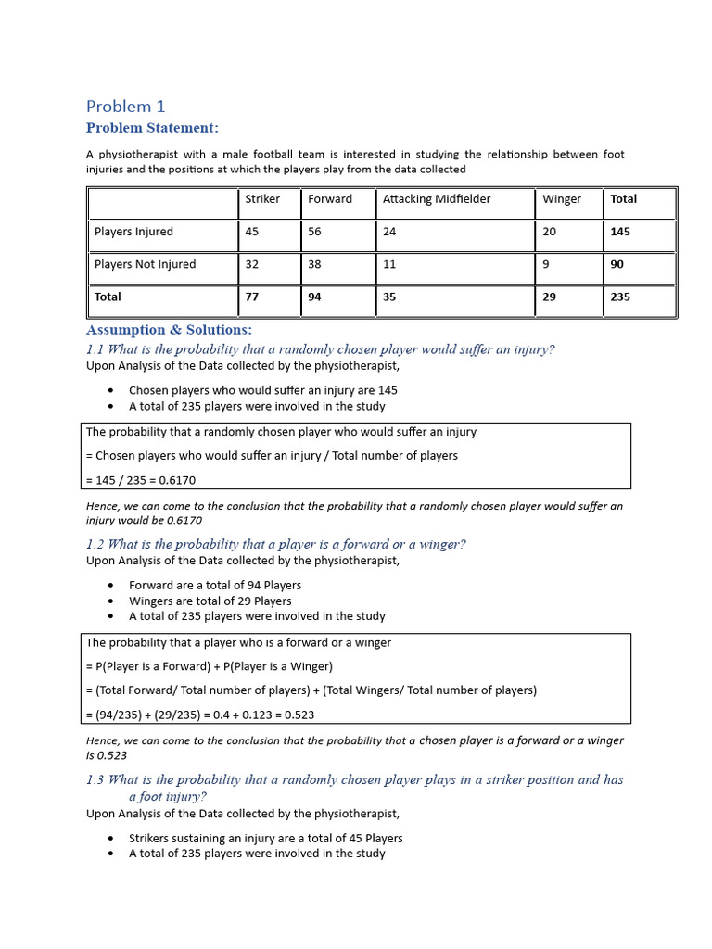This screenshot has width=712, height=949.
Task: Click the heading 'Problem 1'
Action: tap(125, 107)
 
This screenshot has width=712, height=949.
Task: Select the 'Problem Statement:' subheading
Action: tap(152, 128)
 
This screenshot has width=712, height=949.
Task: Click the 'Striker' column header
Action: tap(262, 199)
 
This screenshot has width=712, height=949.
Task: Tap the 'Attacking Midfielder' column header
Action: tap(437, 199)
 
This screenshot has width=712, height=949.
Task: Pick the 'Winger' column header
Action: tap(562, 199)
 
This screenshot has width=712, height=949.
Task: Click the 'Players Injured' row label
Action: tap(133, 232)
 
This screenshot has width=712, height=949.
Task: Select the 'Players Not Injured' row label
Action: tap(145, 264)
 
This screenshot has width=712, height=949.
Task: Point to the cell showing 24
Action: tap(389, 232)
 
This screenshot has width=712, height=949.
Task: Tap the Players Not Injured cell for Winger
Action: tap(547, 264)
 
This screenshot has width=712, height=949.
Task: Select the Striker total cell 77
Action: tap(252, 297)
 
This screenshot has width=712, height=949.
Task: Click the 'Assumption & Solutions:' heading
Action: tap(169, 330)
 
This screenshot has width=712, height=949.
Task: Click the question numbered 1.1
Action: tap(321, 349)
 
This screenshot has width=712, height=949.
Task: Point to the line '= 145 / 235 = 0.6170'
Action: tap(141, 480)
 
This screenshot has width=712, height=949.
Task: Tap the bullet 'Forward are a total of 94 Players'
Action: tap(214, 585)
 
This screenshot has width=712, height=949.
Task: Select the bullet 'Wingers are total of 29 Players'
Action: tap(210, 601)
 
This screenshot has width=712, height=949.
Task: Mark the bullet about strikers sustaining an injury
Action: tap(265, 838)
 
